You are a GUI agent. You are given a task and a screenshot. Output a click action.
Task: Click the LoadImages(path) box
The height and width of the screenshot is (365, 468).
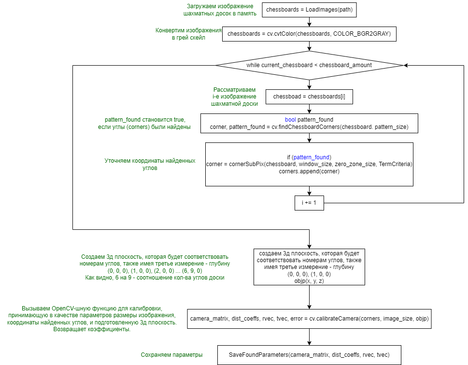(309, 9)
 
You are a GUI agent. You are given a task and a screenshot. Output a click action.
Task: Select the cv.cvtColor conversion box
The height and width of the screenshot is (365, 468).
(309, 34)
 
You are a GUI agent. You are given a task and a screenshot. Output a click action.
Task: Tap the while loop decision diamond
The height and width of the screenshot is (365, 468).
(309, 65)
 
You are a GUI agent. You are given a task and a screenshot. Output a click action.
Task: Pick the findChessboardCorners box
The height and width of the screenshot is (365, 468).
(309, 123)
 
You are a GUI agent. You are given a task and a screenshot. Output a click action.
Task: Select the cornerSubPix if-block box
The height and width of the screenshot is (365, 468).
(309, 164)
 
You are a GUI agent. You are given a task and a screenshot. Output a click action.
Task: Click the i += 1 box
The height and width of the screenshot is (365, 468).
(309, 203)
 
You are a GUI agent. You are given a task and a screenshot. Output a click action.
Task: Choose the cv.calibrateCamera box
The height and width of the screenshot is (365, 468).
(309, 319)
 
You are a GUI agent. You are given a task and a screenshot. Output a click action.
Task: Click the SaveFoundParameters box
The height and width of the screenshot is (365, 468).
(309, 355)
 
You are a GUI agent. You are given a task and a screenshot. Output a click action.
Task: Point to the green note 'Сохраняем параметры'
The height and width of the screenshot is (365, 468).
(171, 355)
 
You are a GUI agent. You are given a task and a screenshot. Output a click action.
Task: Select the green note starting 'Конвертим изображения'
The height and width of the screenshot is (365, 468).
(188, 34)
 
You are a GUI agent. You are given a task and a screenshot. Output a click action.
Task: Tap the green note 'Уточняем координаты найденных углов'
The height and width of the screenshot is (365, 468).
(150, 164)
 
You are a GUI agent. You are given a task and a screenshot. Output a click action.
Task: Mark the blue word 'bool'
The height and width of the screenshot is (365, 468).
(290, 119)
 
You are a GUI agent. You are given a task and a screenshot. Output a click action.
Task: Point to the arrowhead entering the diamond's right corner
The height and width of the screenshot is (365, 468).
(406, 65)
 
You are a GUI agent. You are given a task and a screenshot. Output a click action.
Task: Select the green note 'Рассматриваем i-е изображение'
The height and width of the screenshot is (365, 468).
(235, 97)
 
